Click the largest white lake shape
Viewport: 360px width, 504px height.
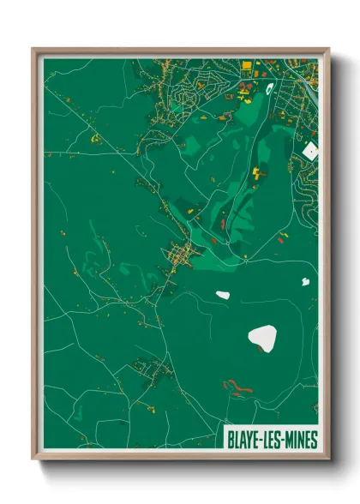(x=263, y=339)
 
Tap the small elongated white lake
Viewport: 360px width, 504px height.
(x=223, y=295)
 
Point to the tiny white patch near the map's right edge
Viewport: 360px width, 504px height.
(x=304, y=280)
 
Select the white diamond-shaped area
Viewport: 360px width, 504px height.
(x=310, y=151)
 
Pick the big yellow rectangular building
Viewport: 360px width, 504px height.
(x=248, y=65)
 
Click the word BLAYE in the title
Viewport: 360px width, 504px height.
(x=243, y=440)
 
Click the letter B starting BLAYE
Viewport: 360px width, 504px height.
(x=231, y=440)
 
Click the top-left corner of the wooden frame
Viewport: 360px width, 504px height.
(x=33, y=49)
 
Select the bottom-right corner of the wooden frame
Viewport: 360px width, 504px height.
(x=328, y=459)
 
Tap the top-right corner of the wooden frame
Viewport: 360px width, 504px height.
(x=328, y=49)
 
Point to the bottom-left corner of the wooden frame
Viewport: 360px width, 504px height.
(x=33, y=459)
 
